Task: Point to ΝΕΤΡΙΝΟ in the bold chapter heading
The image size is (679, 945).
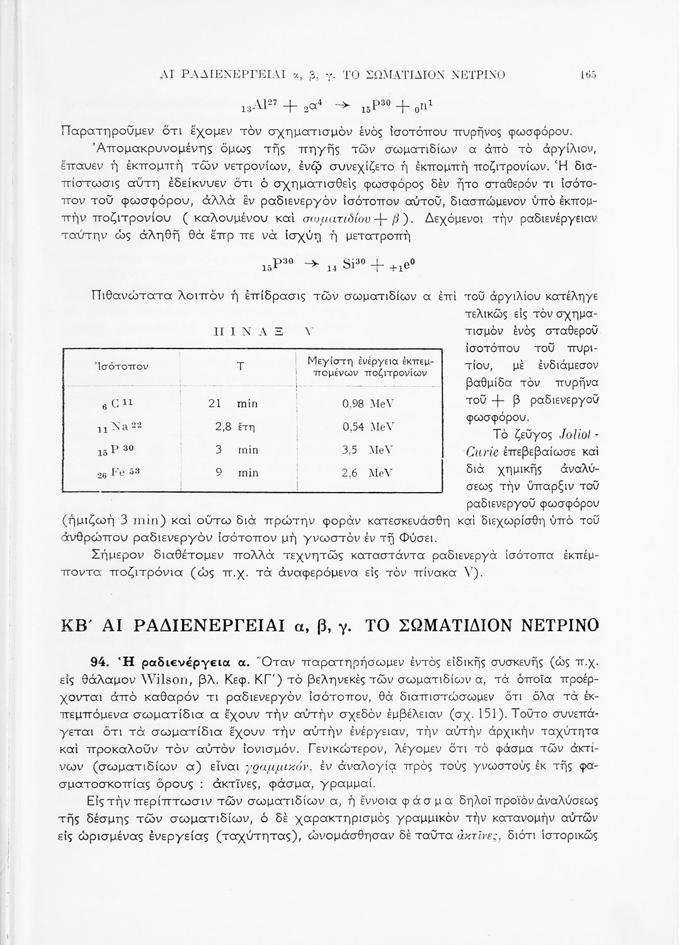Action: pyautogui.click(x=554, y=626)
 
